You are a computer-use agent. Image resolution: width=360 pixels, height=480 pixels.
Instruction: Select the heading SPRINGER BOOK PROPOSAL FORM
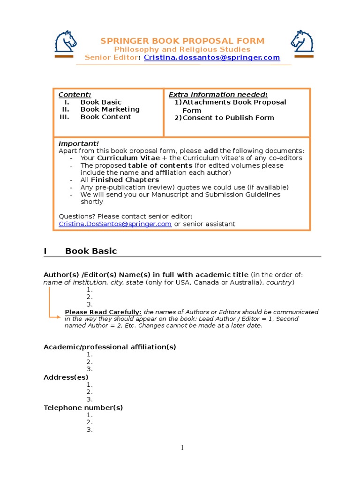click(182, 41)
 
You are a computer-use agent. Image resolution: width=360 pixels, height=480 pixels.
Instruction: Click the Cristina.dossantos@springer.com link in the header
click(212, 58)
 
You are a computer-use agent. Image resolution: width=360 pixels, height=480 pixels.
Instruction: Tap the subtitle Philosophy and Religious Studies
click(182, 49)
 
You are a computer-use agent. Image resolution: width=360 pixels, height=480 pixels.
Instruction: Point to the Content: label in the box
click(75, 95)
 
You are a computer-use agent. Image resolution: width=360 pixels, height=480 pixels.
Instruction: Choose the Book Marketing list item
click(110, 109)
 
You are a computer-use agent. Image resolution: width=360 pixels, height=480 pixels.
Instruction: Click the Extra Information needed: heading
click(218, 95)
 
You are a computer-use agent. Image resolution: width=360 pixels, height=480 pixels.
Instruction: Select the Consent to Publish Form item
click(228, 118)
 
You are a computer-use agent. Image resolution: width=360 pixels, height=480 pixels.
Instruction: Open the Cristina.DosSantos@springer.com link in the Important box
click(115, 224)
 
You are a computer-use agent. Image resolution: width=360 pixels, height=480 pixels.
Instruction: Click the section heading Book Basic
click(91, 251)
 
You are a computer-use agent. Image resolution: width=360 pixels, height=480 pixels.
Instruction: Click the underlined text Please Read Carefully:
click(103, 312)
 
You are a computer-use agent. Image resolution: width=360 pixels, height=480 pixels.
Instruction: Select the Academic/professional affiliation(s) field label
click(110, 347)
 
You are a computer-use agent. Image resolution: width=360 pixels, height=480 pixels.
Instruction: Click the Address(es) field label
click(66, 377)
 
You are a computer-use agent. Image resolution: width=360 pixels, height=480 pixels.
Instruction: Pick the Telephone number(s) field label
click(83, 407)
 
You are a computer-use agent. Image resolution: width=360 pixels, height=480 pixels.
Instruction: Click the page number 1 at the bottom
click(182, 448)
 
